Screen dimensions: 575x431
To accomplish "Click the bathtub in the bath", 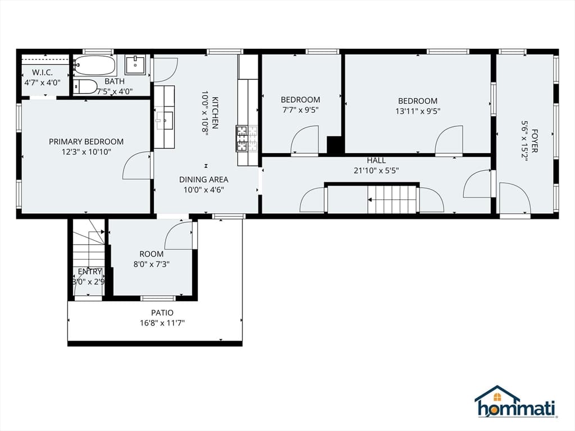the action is pyautogui.click(x=94, y=66).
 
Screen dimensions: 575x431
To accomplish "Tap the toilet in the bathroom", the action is pyautogui.click(x=85, y=87).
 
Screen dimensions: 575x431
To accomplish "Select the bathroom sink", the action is pyautogui.click(x=135, y=65).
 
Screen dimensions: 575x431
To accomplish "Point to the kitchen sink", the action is pyautogui.click(x=165, y=121).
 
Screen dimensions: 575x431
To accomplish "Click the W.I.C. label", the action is pyautogui.click(x=42, y=72).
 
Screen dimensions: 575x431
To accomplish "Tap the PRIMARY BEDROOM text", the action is pyautogui.click(x=86, y=141).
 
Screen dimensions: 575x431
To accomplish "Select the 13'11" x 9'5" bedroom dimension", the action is pyautogui.click(x=418, y=111).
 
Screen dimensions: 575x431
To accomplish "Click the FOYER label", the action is pyautogui.click(x=535, y=141).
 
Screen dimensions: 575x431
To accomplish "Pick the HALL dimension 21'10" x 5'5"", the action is pyautogui.click(x=376, y=171).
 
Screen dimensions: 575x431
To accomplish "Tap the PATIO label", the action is pyautogui.click(x=162, y=313).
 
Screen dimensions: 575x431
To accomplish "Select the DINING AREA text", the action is pyautogui.click(x=203, y=180).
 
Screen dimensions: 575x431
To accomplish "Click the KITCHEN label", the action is pyautogui.click(x=215, y=112).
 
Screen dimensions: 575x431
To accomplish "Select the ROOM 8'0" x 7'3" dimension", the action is pyautogui.click(x=152, y=264).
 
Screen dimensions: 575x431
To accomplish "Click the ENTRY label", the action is pyautogui.click(x=90, y=272).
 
